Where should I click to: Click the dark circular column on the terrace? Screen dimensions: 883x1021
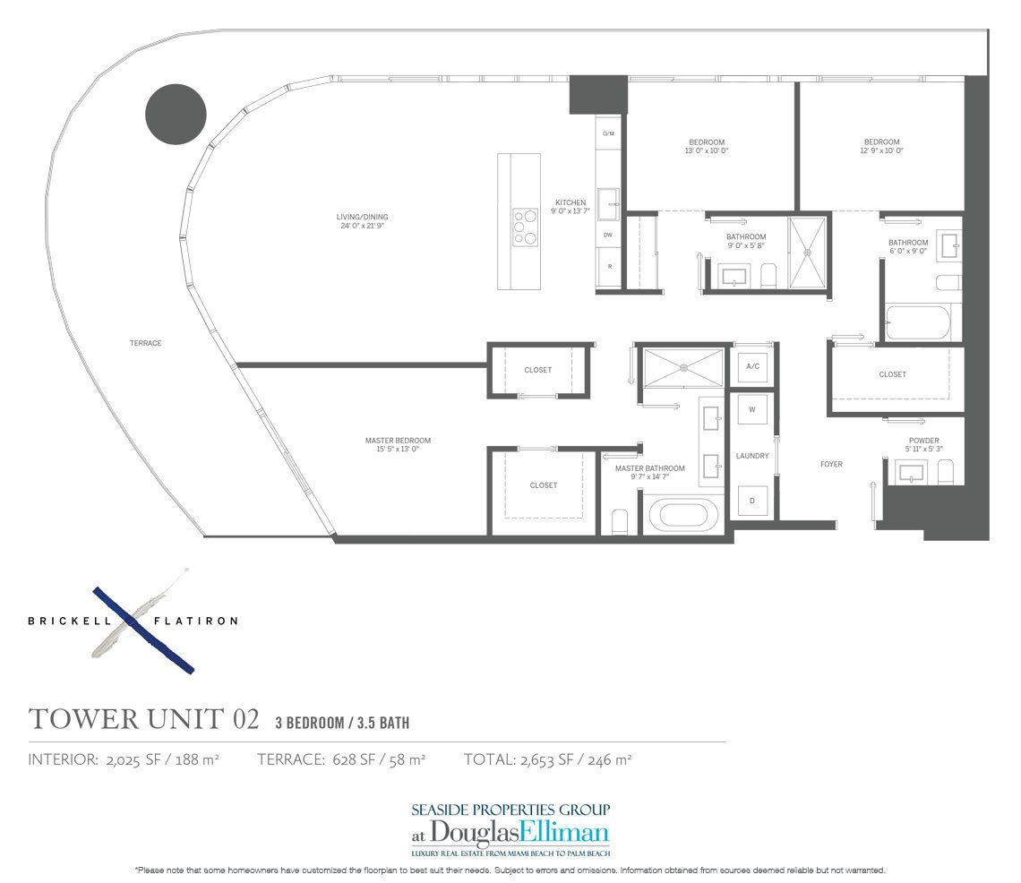coord(176,113)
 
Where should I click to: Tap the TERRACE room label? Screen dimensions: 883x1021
coord(145,343)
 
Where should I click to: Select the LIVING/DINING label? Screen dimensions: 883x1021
coord(362,217)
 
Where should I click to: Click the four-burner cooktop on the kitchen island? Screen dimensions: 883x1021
coord(524,227)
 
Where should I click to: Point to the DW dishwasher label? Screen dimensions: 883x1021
coord(608,235)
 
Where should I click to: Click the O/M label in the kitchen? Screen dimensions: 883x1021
coord(608,133)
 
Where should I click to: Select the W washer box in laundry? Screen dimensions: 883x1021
coord(751,410)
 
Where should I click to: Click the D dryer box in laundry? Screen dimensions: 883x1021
coord(751,500)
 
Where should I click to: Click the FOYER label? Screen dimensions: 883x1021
coord(831,464)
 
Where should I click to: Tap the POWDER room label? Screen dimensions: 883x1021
coord(923,441)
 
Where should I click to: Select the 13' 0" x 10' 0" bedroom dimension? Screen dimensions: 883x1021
coord(707,151)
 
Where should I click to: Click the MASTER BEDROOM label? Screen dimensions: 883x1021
coord(398,441)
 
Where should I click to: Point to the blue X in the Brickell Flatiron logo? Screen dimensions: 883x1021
coord(143,629)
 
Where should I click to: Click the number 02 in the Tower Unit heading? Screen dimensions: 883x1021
coord(245,720)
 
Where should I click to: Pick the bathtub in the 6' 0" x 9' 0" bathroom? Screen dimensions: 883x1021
coord(922,322)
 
